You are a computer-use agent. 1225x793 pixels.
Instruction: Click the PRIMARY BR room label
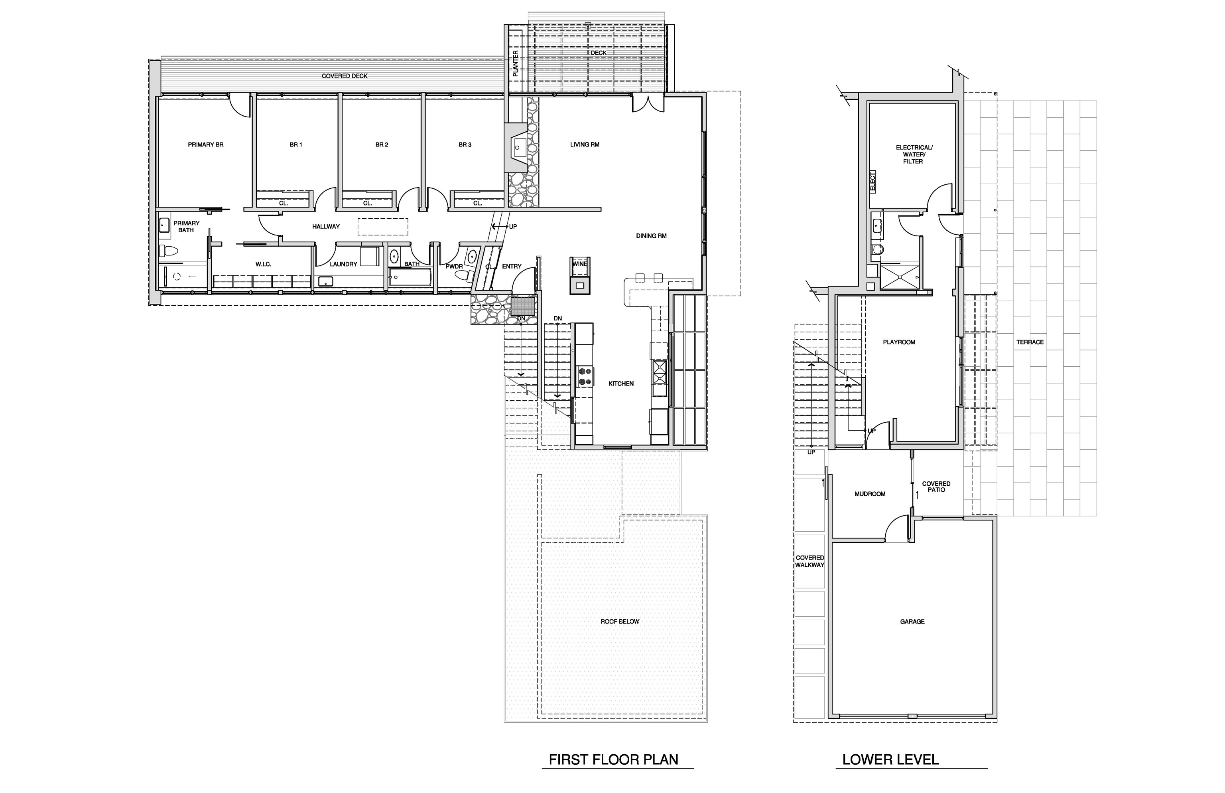[x=205, y=145]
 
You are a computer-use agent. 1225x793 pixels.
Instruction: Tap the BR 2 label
[x=382, y=145]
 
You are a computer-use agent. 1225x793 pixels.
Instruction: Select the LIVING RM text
[x=585, y=145]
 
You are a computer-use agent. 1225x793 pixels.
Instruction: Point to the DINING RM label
[x=651, y=236]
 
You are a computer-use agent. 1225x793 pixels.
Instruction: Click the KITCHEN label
[x=621, y=384]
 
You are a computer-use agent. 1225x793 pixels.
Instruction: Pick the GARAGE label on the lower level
[x=912, y=621]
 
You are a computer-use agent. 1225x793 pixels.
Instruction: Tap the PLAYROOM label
[x=899, y=342]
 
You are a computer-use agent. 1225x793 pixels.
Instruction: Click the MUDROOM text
[x=870, y=494]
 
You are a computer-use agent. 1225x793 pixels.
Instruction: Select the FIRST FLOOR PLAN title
[x=614, y=759]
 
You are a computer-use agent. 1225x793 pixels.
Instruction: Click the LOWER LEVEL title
[x=890, y=759]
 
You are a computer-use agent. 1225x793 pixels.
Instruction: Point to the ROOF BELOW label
[x=620, y=621]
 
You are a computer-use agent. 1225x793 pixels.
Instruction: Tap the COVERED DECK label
[x=345, y=76]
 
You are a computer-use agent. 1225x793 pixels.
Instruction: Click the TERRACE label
[x=1030, y=342]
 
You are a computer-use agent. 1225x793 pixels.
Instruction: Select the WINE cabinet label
[x=580, y=264]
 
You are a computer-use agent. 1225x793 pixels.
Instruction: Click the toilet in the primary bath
[x=168, y=251]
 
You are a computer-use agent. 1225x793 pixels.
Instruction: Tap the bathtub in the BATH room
[x=410, y=277]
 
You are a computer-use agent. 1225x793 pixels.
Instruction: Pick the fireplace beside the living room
[x=516, y=147]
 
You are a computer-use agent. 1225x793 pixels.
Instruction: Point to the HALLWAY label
[x=326, y=227]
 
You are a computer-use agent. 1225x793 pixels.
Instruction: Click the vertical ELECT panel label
[x=872, y=182]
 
